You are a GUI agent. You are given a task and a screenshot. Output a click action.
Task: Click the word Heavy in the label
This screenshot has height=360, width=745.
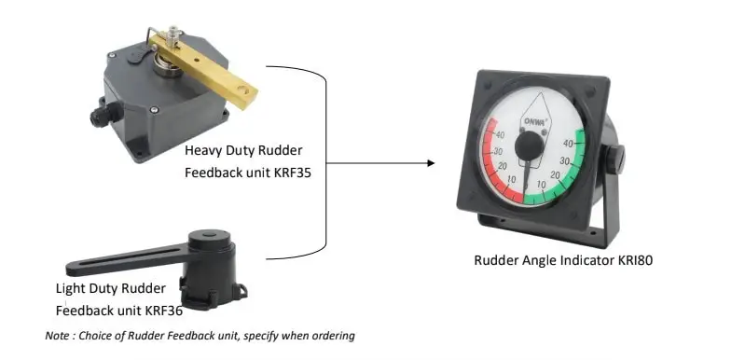203,150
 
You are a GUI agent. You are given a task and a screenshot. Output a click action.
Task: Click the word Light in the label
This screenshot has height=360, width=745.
72,288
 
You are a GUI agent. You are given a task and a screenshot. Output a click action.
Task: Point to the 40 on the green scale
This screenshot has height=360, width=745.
569,144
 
